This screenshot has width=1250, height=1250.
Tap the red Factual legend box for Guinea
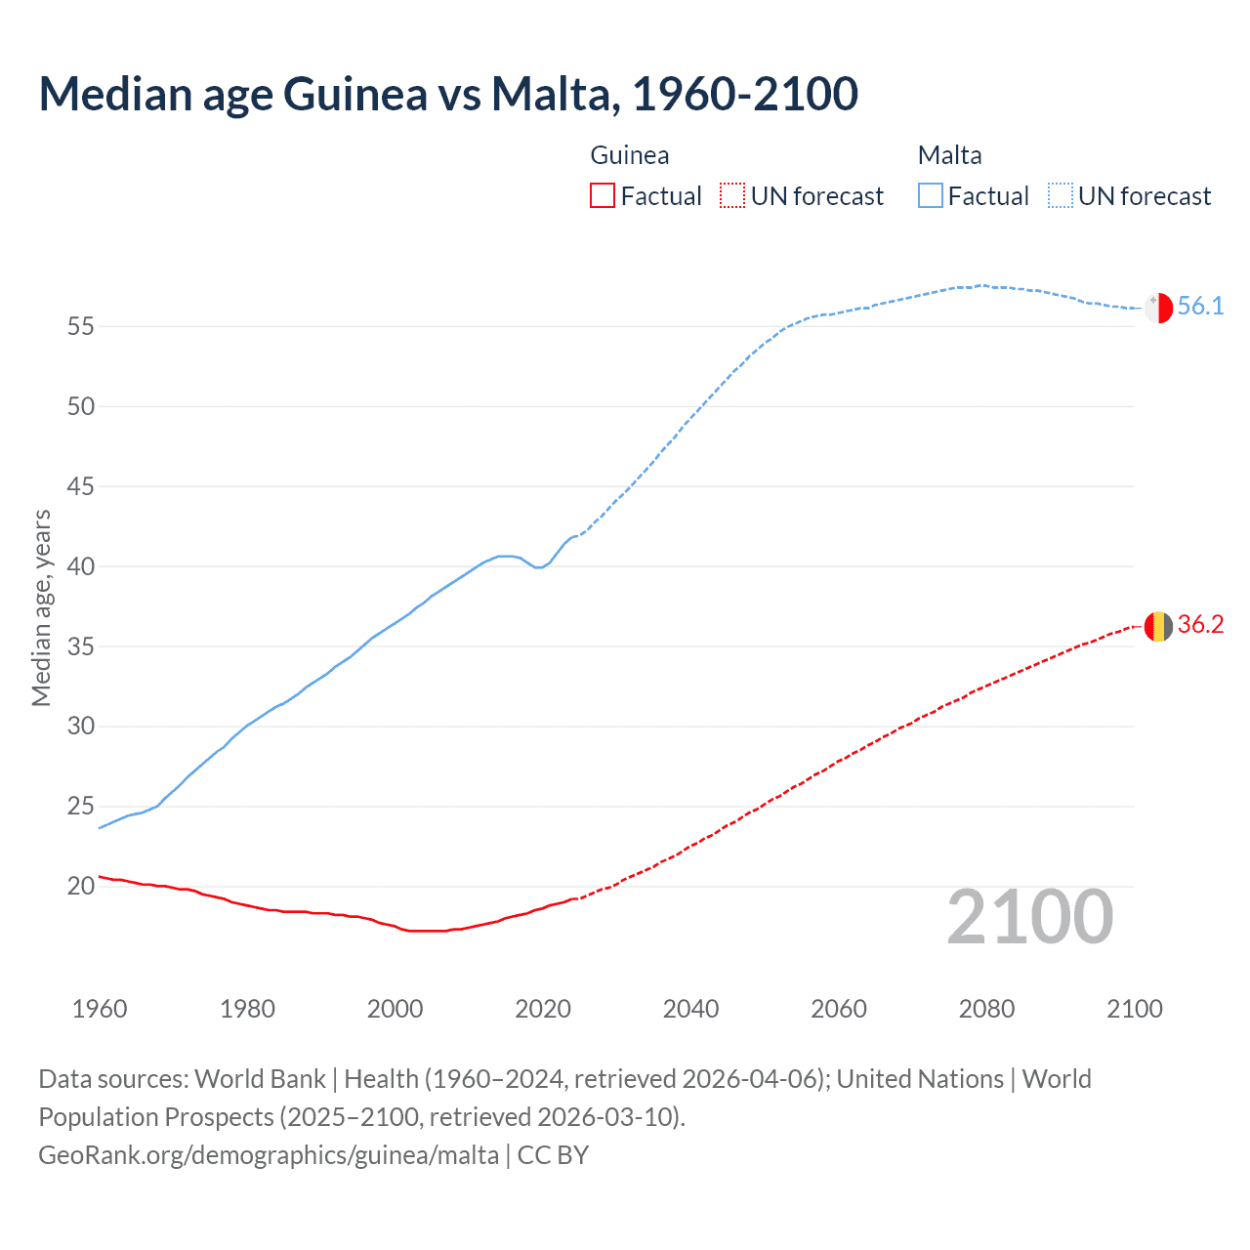click(603, 196)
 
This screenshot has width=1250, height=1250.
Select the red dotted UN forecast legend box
click(732, 196)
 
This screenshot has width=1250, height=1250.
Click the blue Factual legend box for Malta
click(931, 196)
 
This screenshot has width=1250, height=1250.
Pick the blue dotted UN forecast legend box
click(1060, 196)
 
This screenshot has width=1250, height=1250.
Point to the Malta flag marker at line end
click(1158, 308)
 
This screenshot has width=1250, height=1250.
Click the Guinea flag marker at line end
click(1158, 626)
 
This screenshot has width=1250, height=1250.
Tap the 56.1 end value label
click(1200, 307)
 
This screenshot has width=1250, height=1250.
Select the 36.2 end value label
click(1200, 625)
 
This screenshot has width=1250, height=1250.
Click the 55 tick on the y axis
click(81, 326)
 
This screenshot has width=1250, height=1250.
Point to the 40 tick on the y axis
click(81, 566)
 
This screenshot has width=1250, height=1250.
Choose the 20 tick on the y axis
click(81, 887)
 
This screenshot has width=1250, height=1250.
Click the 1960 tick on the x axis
click(100, 1009)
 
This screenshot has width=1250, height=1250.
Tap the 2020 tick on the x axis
click(543, 1009)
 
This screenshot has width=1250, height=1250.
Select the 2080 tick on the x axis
click(986, 1009)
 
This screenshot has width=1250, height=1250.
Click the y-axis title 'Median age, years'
click(41, 607)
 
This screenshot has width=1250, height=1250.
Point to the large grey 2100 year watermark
click(1030, 917)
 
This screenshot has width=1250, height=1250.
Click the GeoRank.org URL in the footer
click(269, 1155)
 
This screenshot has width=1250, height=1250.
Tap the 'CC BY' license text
click(553, 1155)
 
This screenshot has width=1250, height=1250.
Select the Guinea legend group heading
click(630, 155)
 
